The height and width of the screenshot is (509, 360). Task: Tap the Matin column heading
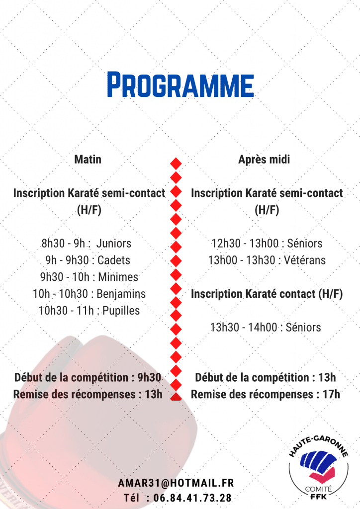coord(88,160)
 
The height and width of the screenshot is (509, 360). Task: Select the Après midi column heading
coord(264,160)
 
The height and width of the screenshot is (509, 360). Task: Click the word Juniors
coord(114,244)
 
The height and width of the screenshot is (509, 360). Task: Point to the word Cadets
coord(114,260)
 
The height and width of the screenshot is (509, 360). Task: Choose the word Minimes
coord(118,277)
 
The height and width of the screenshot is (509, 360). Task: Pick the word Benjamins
coord(121,294)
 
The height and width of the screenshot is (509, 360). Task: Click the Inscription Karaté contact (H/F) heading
coord(267,294)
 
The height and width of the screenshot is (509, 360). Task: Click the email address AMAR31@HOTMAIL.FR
coord(176,483)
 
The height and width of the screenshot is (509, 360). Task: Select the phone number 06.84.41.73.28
coord(192,498)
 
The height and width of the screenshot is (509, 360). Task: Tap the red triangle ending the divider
coord(176,396)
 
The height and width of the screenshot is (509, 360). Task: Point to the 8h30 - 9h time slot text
coord(65,244)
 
